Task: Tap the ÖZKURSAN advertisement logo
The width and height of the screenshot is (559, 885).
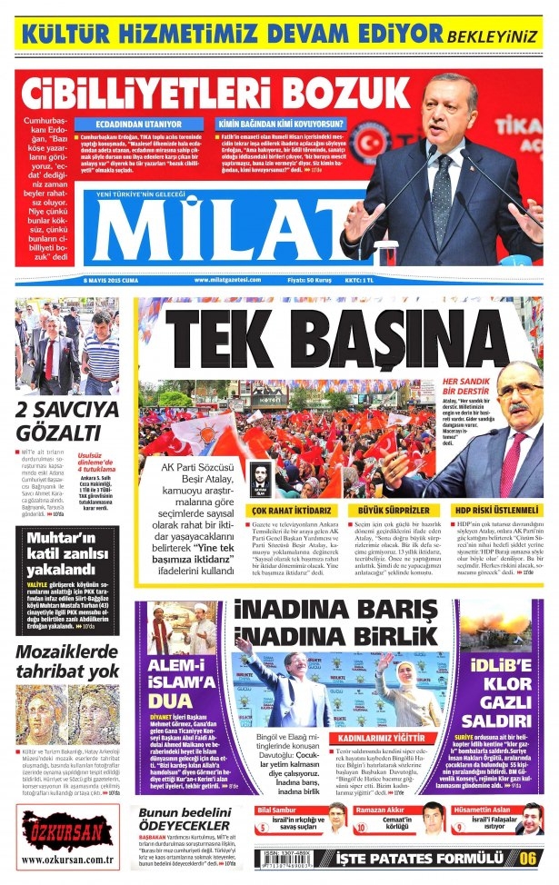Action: (x=55, y=832)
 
